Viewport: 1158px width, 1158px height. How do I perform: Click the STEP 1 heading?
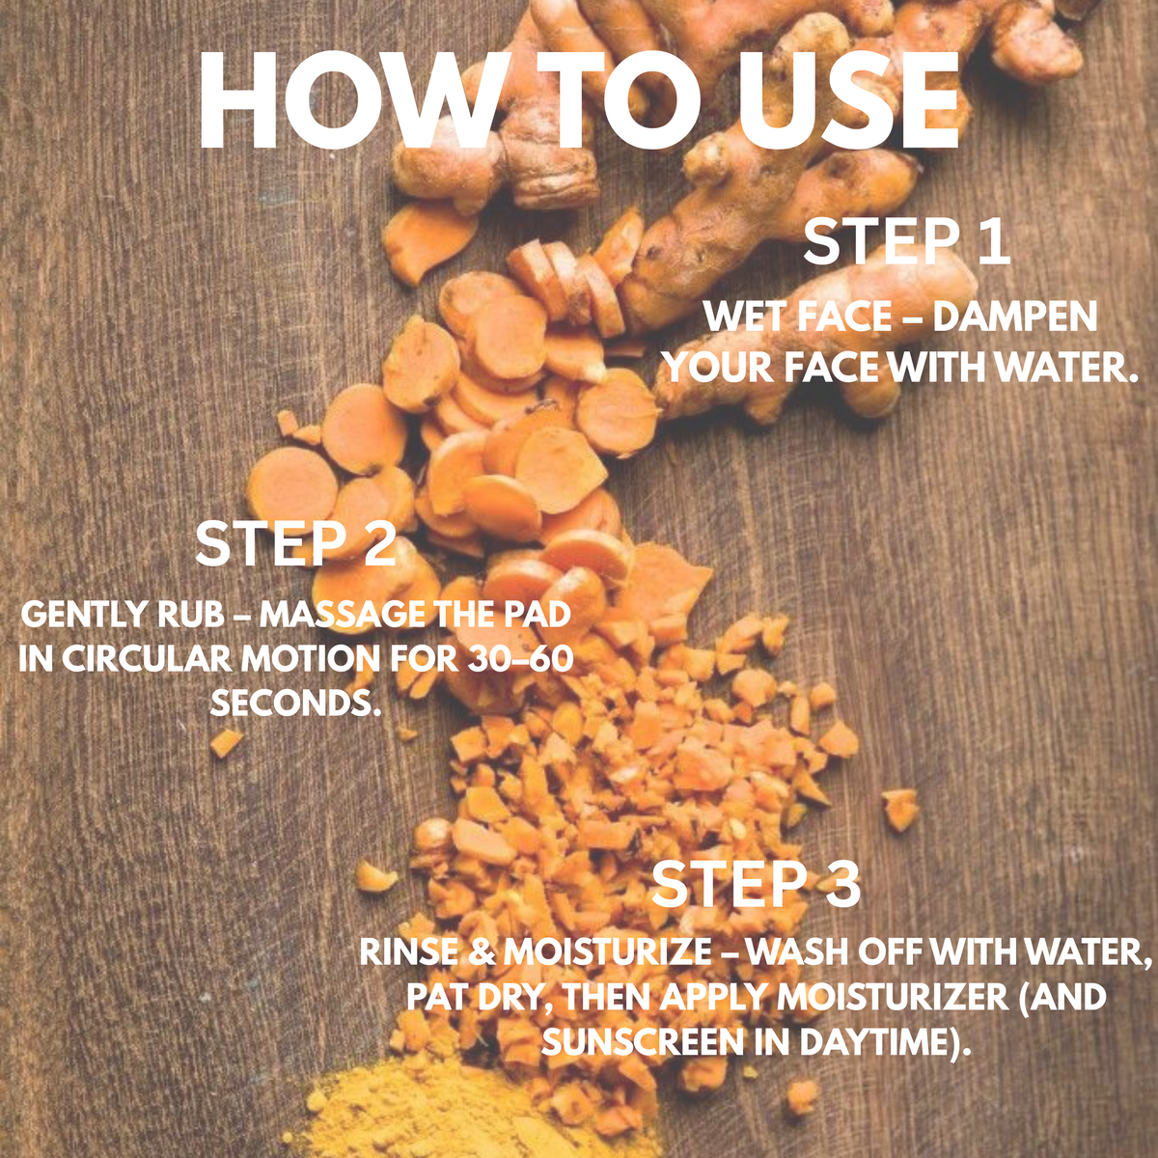pyautogui.click(x=907, y=242)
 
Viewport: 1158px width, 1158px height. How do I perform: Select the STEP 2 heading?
pyautogui.click(x=296, y=544)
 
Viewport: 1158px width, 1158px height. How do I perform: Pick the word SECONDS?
pyautogui.click(x=296, y=702)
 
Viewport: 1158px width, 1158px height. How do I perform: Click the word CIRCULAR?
pyautogui.click(x=146, y=659)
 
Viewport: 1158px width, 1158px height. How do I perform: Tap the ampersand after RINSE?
pyautogui.click(x=482, y=951)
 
